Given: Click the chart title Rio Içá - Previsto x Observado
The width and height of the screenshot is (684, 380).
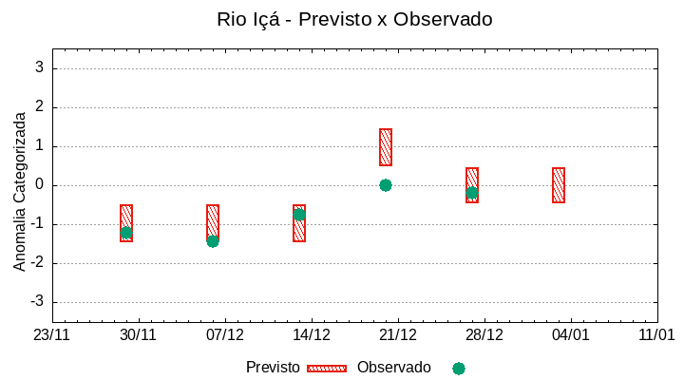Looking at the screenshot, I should pyautogui.click(x=354, y=19).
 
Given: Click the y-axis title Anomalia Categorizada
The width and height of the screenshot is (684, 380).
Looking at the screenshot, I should pyautogui.click(x=20, y=191).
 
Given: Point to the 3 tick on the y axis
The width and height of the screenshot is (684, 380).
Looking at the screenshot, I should pyautogui.click(x=40, y=68).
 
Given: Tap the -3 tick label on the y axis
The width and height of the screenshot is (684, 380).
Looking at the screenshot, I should pyautogui.click(x=37, y=302).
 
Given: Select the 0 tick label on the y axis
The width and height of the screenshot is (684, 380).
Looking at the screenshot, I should pyautogui.click(x=40, y=185).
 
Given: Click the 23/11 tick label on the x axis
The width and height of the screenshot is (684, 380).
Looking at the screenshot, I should pyautogui.click(x=52, y=335).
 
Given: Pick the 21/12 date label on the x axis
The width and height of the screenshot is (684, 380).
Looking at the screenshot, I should pyautogui.click(x=398, y=335).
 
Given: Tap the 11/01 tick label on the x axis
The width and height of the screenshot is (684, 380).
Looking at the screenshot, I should pyautogui.click(x=656, y=335).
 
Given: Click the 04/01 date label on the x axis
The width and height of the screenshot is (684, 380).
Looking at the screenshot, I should pyautogui.click(x=571, y=335).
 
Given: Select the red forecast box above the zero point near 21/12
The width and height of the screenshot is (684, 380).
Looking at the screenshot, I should pyautogui.click(x=386, y=147).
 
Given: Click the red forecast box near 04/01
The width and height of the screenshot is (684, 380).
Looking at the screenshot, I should pyautogui.click(x=559, y=185).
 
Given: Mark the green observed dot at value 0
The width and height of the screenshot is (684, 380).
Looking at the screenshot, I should pyautogui.click(x=386, y=185).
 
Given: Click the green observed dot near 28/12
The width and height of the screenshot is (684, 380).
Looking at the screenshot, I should pyautogui.click(x=472, y=193).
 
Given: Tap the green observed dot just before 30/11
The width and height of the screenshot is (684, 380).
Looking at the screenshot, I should pyautogui.click(x=126, y=233).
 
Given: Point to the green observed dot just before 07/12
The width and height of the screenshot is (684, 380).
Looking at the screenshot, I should pyautogui.click(x=213, y=241).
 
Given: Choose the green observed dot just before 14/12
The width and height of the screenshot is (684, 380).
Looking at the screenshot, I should pyautogui.click(x=299, y=215).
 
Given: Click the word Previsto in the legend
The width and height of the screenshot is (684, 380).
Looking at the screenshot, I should pyautogui.click(x=273, y=368).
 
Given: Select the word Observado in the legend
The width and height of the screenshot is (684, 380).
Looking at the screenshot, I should pyautogui.click(x=393, y=368).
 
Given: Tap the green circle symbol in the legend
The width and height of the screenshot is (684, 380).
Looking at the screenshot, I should pyautogui.click(x=459, y=369).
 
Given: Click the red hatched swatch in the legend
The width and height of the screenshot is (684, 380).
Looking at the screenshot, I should pyautogui.click(x=327, y=369).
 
